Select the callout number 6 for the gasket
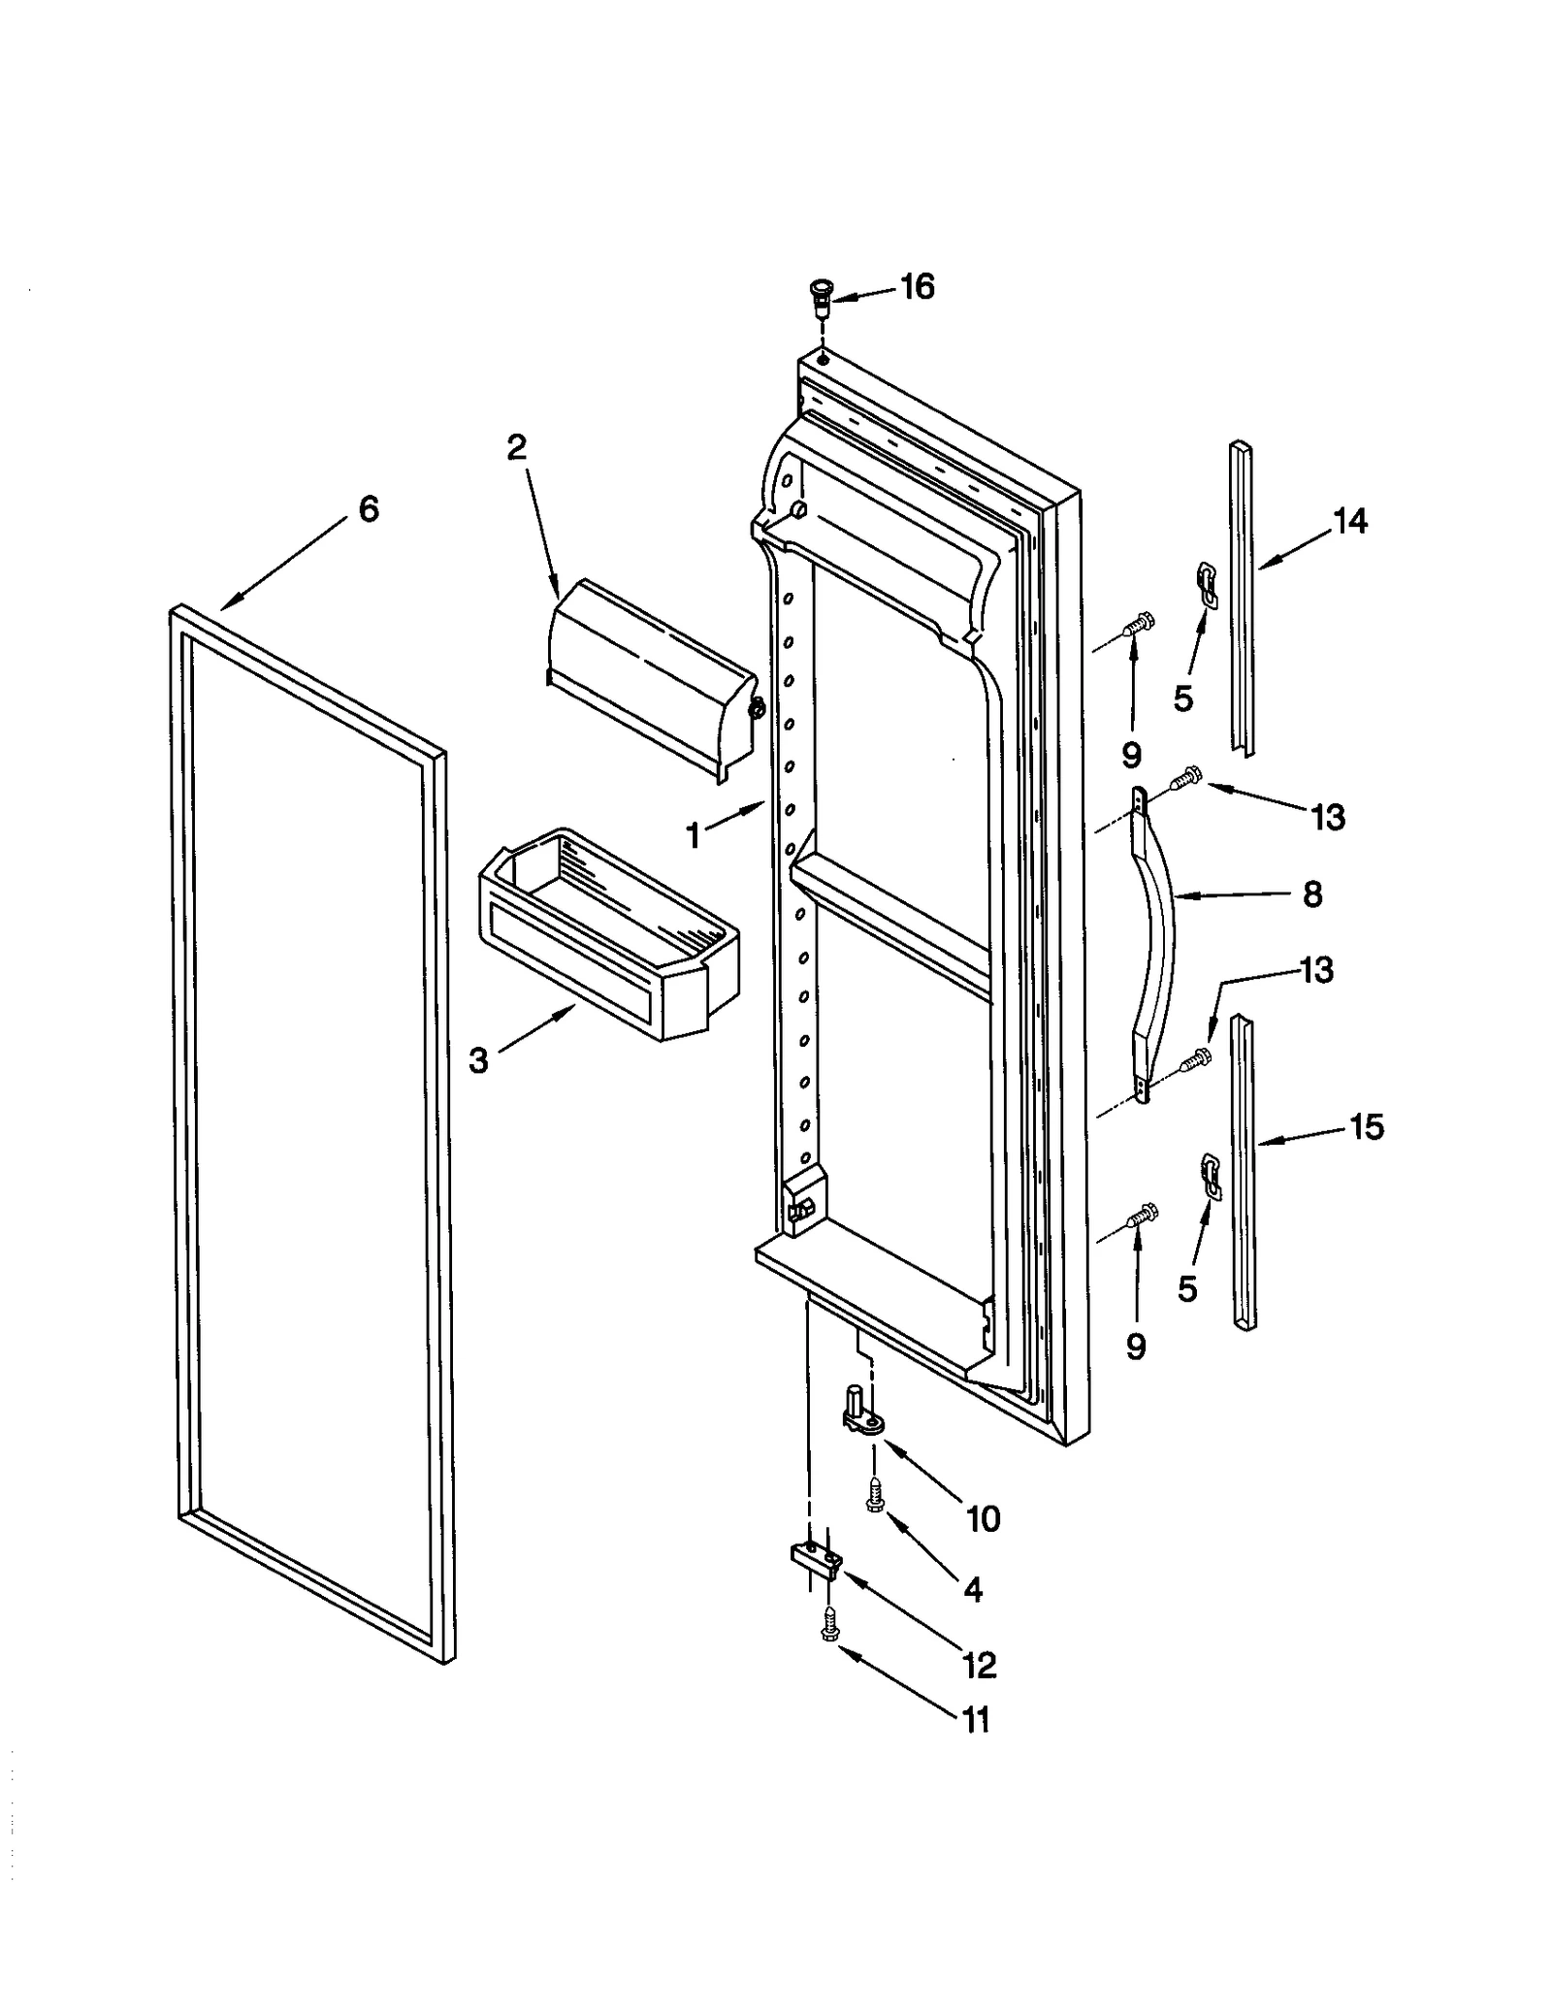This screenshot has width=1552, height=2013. (369, 509)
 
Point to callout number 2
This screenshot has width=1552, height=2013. (516, 447)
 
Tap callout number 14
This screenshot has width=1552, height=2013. (1349, 522)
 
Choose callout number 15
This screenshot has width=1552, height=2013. (1366, 1127)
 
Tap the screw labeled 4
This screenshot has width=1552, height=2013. (873, 1495)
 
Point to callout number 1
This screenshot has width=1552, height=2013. (693, 835)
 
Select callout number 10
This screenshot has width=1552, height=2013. (983, 1518)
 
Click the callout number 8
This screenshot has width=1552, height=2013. (1311, 894)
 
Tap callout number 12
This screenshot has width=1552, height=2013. (980, 1665)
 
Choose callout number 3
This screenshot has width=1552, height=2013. (478, 1061)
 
